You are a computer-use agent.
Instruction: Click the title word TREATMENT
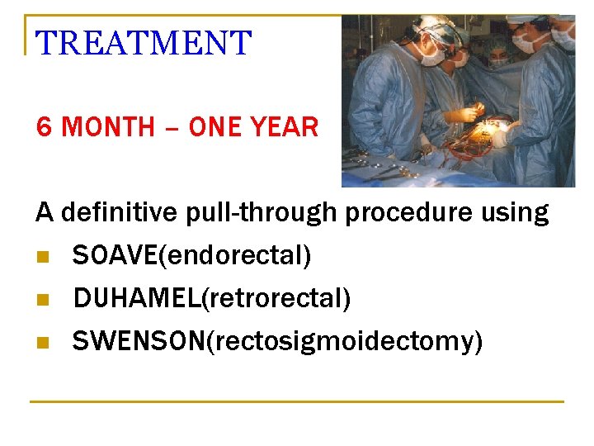[x=144, y=43]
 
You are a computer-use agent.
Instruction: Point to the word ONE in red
[x=219, y=127]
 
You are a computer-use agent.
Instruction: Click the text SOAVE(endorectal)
[x=191, y=256]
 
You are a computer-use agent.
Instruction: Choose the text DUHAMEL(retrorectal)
[x=212, y=298]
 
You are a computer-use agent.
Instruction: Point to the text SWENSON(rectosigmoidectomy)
[x=277, y=340]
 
